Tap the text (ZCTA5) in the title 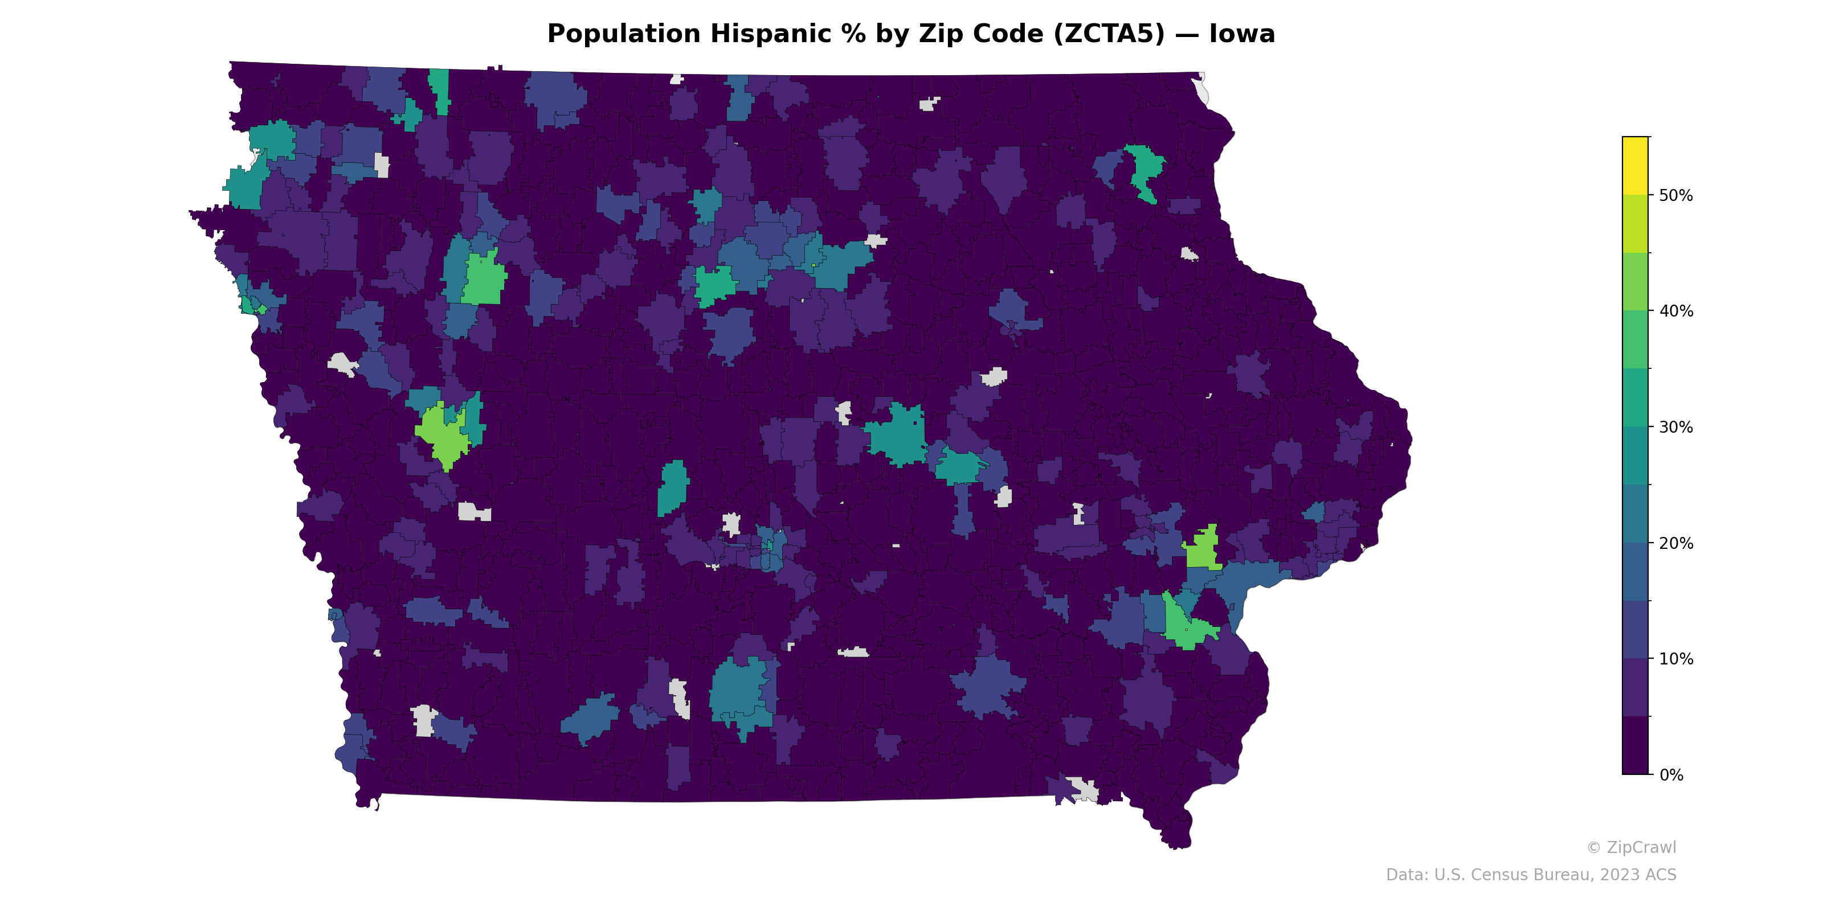[x=1109, y=34]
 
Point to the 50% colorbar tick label [x=1676, y=196]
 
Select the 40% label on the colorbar [x=1676, y=311]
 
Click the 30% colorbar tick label [x=1676, y=427]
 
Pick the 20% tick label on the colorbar [x=1676, y=543]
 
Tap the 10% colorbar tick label [x=1676, y=659]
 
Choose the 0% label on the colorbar [x=1671, y=775]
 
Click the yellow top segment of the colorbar [x=1636, y=166]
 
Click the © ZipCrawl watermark [x=1631, y=847]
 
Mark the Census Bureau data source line [x=1531, y=875]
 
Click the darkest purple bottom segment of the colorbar [x=1636, y=745]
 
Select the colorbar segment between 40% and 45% [x=1636, y=281]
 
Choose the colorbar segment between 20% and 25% [x=1636, y=514]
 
